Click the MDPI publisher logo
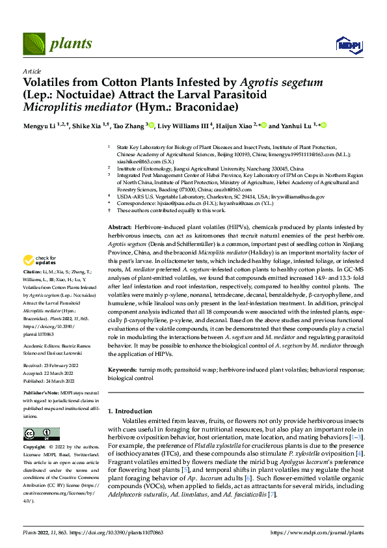[x=346, y=44]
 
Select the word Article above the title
[x=32, y=71]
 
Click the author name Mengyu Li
[x=41, y=126]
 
